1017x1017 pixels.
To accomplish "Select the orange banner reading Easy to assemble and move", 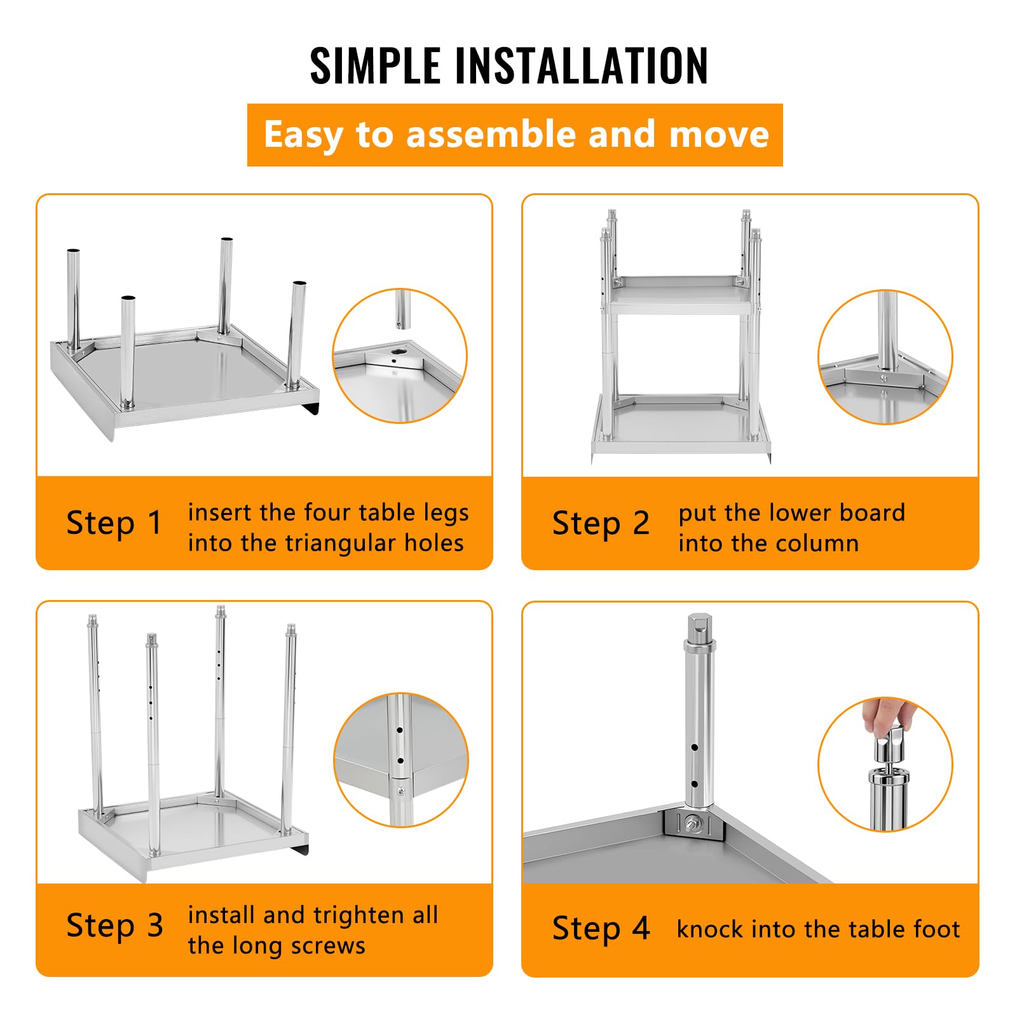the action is click(x=515, y=135).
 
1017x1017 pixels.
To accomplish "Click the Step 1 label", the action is click(x=114, y=523).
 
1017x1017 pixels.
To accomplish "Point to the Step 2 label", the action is click(x=601, y=524).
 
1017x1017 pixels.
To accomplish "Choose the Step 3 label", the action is click(x=115, y=925).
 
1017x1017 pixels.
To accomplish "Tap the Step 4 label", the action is click(x=601, y=928).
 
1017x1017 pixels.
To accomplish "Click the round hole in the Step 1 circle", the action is click(x=400, y=351).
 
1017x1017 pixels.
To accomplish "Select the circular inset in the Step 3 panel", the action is click(x=401, y=760).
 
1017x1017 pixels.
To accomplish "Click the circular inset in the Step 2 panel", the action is click(x=885, y=357).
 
